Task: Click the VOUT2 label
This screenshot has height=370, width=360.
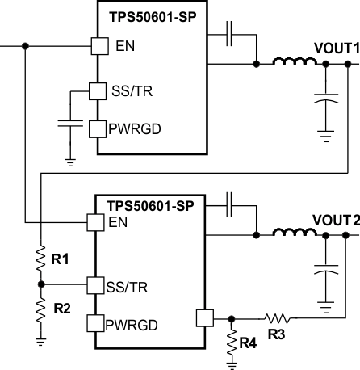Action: click(335, 221)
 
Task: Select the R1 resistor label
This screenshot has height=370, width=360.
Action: click(61, 260)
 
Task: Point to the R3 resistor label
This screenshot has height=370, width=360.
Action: click(277, 333)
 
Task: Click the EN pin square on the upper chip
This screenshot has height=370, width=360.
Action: click(98, 46)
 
